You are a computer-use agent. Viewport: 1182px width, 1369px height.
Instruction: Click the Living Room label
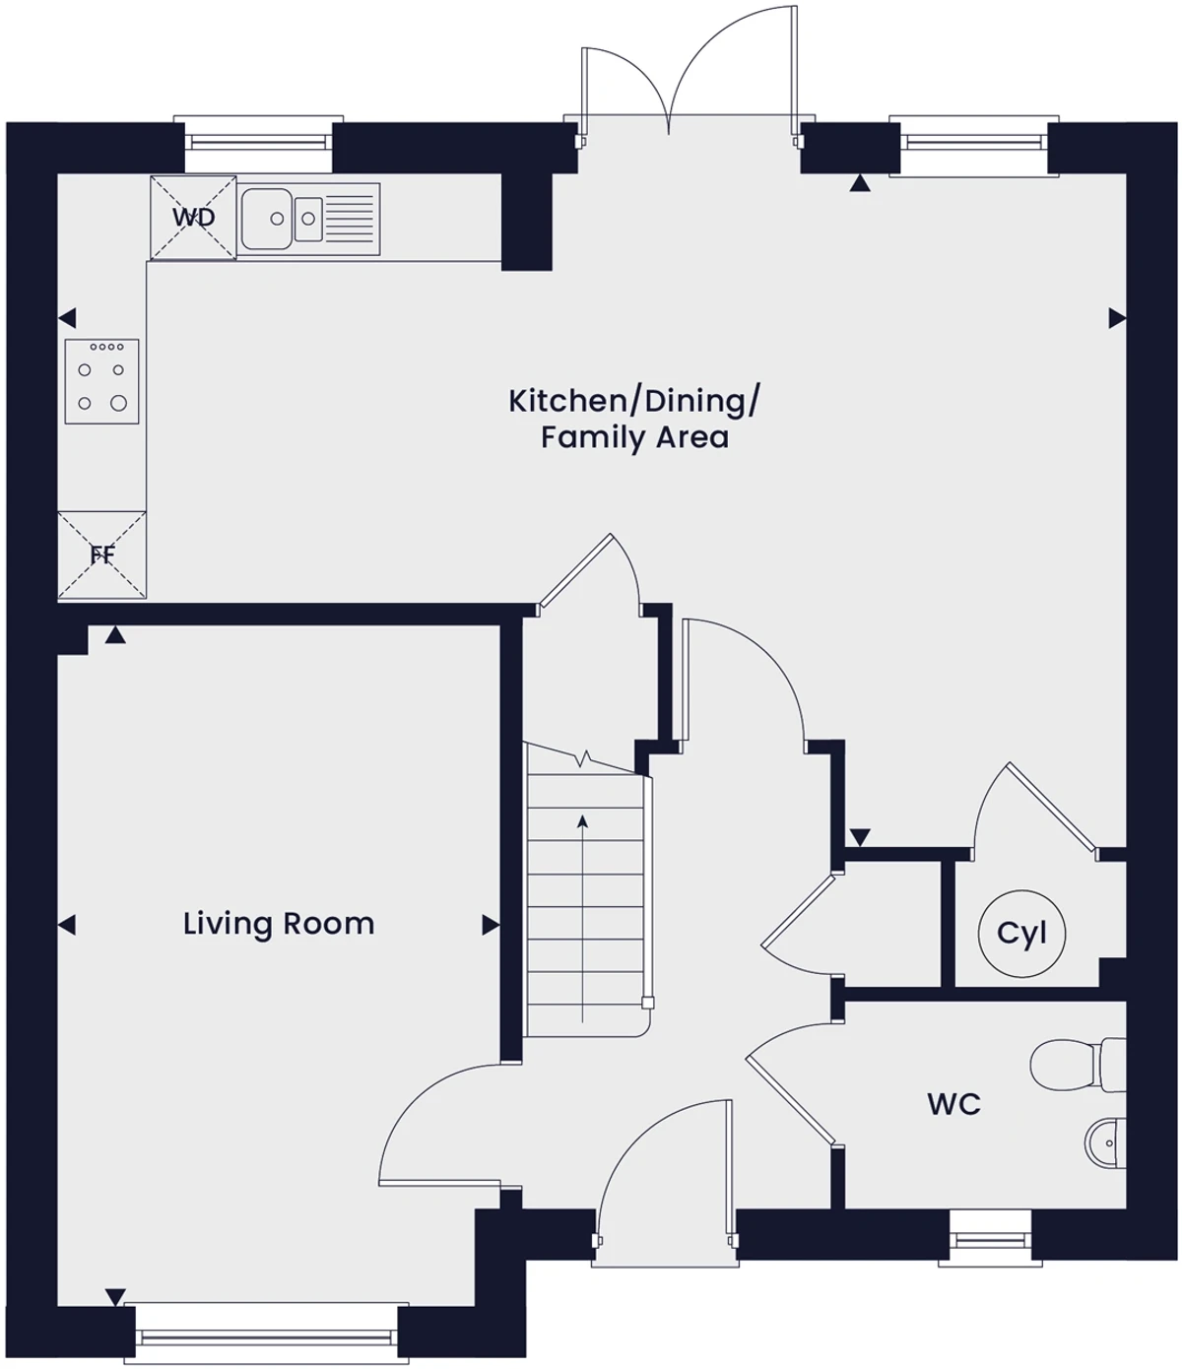[279, 924]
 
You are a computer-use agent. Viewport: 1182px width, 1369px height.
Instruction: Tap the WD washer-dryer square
[193, 218]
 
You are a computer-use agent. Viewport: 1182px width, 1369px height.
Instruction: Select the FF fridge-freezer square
[102, 555]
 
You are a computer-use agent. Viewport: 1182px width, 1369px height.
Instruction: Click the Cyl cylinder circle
[1021, 934]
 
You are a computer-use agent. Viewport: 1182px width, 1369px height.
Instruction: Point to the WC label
[954, 1104]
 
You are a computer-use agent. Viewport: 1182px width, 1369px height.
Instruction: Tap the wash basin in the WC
[1105, 1143]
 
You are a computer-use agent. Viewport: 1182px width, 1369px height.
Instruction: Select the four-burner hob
[102, 381]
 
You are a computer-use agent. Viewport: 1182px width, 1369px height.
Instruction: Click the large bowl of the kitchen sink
[266, 219]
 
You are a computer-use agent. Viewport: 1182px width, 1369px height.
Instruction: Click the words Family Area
[634, 438]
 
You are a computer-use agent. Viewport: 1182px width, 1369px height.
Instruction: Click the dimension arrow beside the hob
[67, 318]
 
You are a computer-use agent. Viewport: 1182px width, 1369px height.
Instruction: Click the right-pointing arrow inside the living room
[491, 925]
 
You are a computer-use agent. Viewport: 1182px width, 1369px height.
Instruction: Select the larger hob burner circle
[118, 402]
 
